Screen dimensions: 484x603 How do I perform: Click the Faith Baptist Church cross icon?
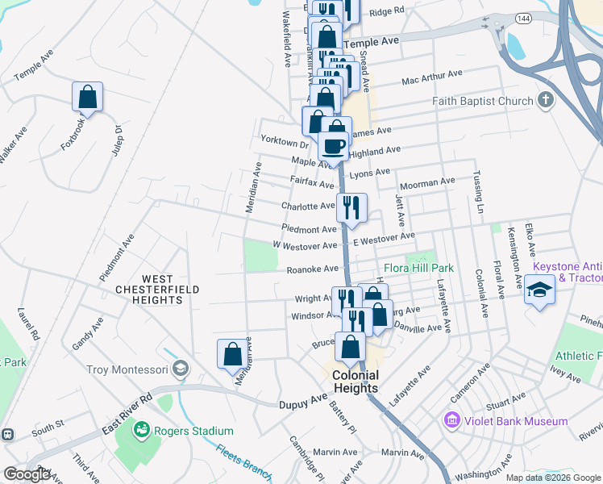(546, 101)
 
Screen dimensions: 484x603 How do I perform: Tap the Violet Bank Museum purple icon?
(451, 421)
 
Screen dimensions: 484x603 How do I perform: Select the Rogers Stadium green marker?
(143, 431)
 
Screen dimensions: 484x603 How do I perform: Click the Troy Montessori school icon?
(182, 369)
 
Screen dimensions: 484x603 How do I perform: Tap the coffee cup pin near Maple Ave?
(334, 147)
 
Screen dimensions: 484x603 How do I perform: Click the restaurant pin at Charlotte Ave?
(351, 208)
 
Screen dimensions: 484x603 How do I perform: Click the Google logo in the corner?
(27, 475)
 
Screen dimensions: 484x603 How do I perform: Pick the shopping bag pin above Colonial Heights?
(351, 348)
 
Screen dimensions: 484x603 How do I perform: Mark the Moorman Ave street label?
(427, 184)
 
